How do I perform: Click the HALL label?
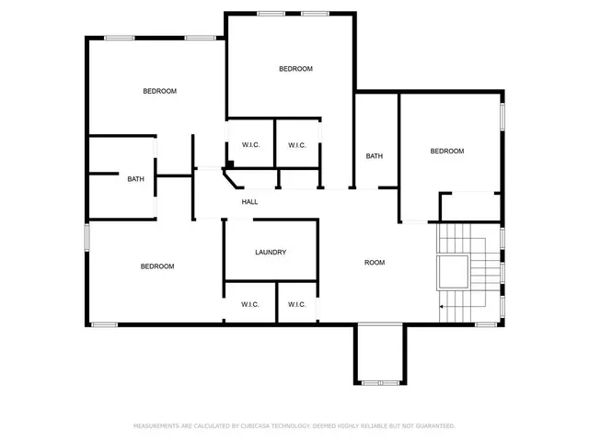pos(249,202)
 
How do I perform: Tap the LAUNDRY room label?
pos(271,253)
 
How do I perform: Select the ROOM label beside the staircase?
pos(374,263)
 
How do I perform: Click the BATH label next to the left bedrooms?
pos(135,179)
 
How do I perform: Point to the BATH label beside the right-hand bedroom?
pos(374,156)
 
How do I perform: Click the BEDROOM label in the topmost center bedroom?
pos(295,69)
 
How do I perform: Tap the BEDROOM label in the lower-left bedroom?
pos(156,266)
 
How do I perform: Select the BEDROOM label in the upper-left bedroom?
pos(159,91)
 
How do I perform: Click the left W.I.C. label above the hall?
pos(250,145)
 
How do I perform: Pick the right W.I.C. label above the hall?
pos(296,145)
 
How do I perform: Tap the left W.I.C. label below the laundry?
pos(250,304)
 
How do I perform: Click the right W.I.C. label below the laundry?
pos(296,304)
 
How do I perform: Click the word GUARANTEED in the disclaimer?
pos(435,426)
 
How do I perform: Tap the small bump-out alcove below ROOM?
pos(378,354)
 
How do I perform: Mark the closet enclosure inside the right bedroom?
pos(471,207)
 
